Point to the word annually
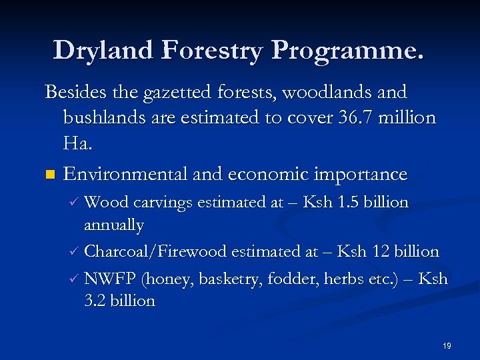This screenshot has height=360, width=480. click(x=113, y=227)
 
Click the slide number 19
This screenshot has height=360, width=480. click(x=447, y=346)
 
